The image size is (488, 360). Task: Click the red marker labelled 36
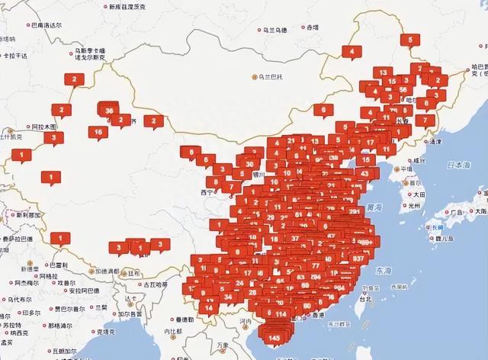coord(110,111)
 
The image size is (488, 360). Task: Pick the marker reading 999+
coord(367,242)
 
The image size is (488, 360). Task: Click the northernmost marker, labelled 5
coord(410,40)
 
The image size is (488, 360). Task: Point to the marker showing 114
coord(281,313)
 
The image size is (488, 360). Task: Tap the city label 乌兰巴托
coord(271,76)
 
